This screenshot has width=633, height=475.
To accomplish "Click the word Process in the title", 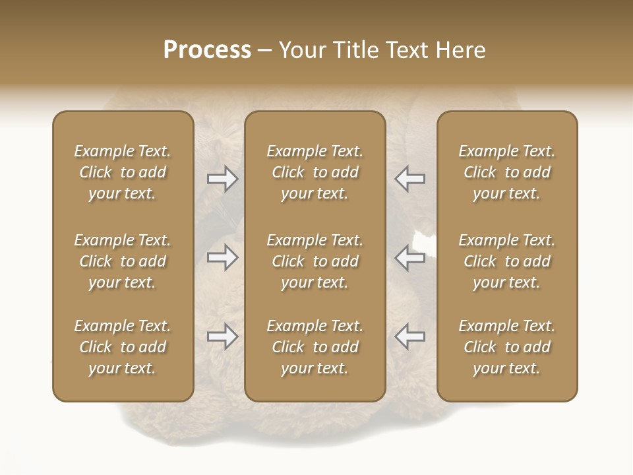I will (x=207, y=50).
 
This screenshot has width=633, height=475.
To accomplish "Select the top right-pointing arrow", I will (x=223, y=179).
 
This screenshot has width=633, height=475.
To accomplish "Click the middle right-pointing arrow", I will (x=223, y=257).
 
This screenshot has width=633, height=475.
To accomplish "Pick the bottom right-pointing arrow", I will (x=223, y=336).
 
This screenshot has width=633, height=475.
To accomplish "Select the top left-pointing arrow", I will (x=410, y=179).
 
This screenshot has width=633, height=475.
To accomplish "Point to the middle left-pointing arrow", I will (x=410, y=257).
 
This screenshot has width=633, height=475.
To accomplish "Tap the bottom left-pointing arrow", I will (x=410, y=336).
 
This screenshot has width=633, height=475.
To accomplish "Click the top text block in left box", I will (x=123, y=172).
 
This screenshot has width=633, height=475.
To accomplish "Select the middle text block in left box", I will (x=123, y=261).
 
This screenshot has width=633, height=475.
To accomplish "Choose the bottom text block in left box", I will (x=123, y=347).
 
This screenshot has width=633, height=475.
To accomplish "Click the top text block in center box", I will (x=315, y=172).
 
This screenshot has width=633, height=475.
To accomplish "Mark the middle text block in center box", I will (x=315, y=261).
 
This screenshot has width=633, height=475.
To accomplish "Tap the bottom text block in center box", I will (x=315, y=347).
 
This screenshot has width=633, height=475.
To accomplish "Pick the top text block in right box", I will (x=507, y=172).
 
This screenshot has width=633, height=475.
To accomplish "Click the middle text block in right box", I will (x=507, y=261).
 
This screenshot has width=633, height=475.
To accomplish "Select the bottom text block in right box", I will (x=507, y=347).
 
